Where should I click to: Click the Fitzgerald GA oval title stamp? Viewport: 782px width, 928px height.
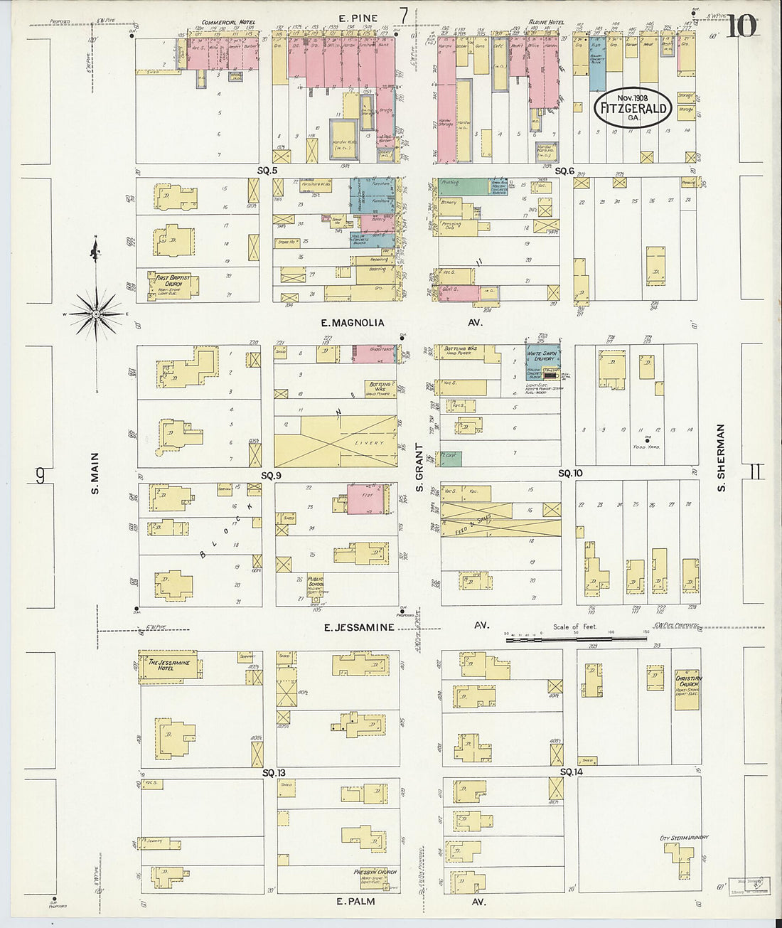[633, 108]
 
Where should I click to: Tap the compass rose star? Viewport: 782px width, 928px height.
[96, 313]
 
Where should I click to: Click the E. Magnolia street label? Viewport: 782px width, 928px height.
[353, 323]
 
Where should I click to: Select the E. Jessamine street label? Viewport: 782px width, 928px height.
[359, 627]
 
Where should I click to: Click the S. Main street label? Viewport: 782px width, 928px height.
[95, 473]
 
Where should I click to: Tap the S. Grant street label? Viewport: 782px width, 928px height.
[419, 467]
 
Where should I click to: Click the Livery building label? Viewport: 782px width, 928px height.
[369, 443]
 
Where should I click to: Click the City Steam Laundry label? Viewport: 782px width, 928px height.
[684, 838]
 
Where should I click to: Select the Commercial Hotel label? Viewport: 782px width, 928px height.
[228, 23]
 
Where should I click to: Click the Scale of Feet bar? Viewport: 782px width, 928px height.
[576, 639]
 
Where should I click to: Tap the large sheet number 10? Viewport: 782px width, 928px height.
[741, 26]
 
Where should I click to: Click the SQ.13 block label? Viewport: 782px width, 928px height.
[273, 772]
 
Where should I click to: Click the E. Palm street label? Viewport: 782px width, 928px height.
[355, 901]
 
